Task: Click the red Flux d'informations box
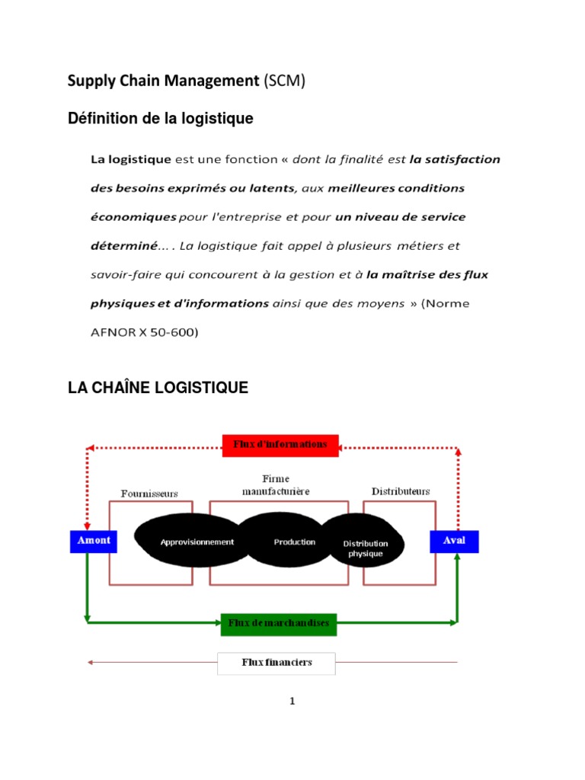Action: point(280,445)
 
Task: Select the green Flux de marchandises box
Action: point(279,624)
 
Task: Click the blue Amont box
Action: point(94,541)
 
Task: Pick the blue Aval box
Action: point(455,541)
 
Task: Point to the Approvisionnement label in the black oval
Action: point(197,542)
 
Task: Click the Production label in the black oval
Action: point(295,542)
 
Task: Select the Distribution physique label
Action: point(366,548)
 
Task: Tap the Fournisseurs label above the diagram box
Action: point(149,493)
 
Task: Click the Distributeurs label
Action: point(401,491)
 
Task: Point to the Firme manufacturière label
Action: point(276,485)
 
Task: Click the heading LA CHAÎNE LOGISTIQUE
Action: point(158,388)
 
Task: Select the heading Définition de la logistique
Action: point(160,119)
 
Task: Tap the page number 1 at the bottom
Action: point(292,702)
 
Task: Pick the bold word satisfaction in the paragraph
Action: point(455,160)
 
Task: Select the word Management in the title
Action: point(216,81)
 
